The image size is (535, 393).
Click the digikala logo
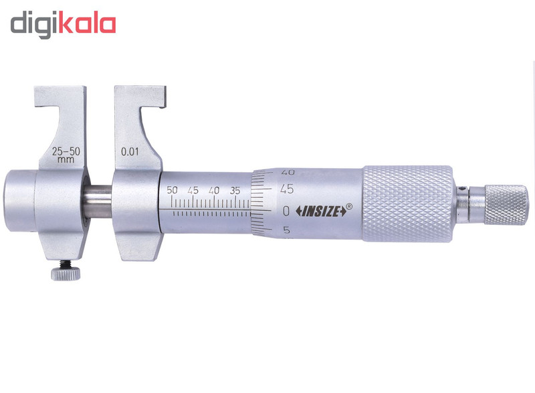click(x=63, y=25)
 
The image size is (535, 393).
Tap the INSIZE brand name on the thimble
click(x=321, y=212)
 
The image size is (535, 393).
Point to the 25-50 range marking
click(x=66, y=151)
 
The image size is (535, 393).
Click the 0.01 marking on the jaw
click(x=130, y=151)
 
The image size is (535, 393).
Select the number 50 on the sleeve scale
click(x=172, y=190)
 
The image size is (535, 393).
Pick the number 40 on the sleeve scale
click(x=214, y=190)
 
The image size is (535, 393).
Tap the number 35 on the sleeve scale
click(x=235, y=190)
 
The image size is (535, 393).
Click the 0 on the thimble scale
click(x=286, y=211)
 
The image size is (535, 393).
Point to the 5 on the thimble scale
click(x=287, y=230)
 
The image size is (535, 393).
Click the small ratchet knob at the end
click(x=506, y=205)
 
